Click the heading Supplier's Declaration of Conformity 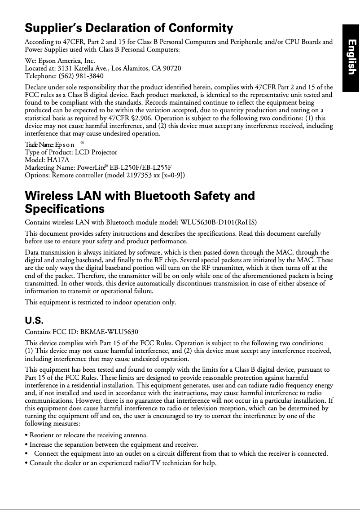pyautogui.click(x=129, y=29)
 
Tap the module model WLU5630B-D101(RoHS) pyautogui.click(x=219, y=222)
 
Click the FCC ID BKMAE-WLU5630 pyautogui.click(x=109, y=332)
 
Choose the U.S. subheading pyautogui.click(x=34, y=321)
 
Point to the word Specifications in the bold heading pyautogui.click(x=65, y=209)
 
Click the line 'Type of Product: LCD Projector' pyautogui.click(x=71, y=153)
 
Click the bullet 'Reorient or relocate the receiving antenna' pyautogui.click(x=88, y=435)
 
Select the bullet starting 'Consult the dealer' pyautogui.click(x=120, y=462)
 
